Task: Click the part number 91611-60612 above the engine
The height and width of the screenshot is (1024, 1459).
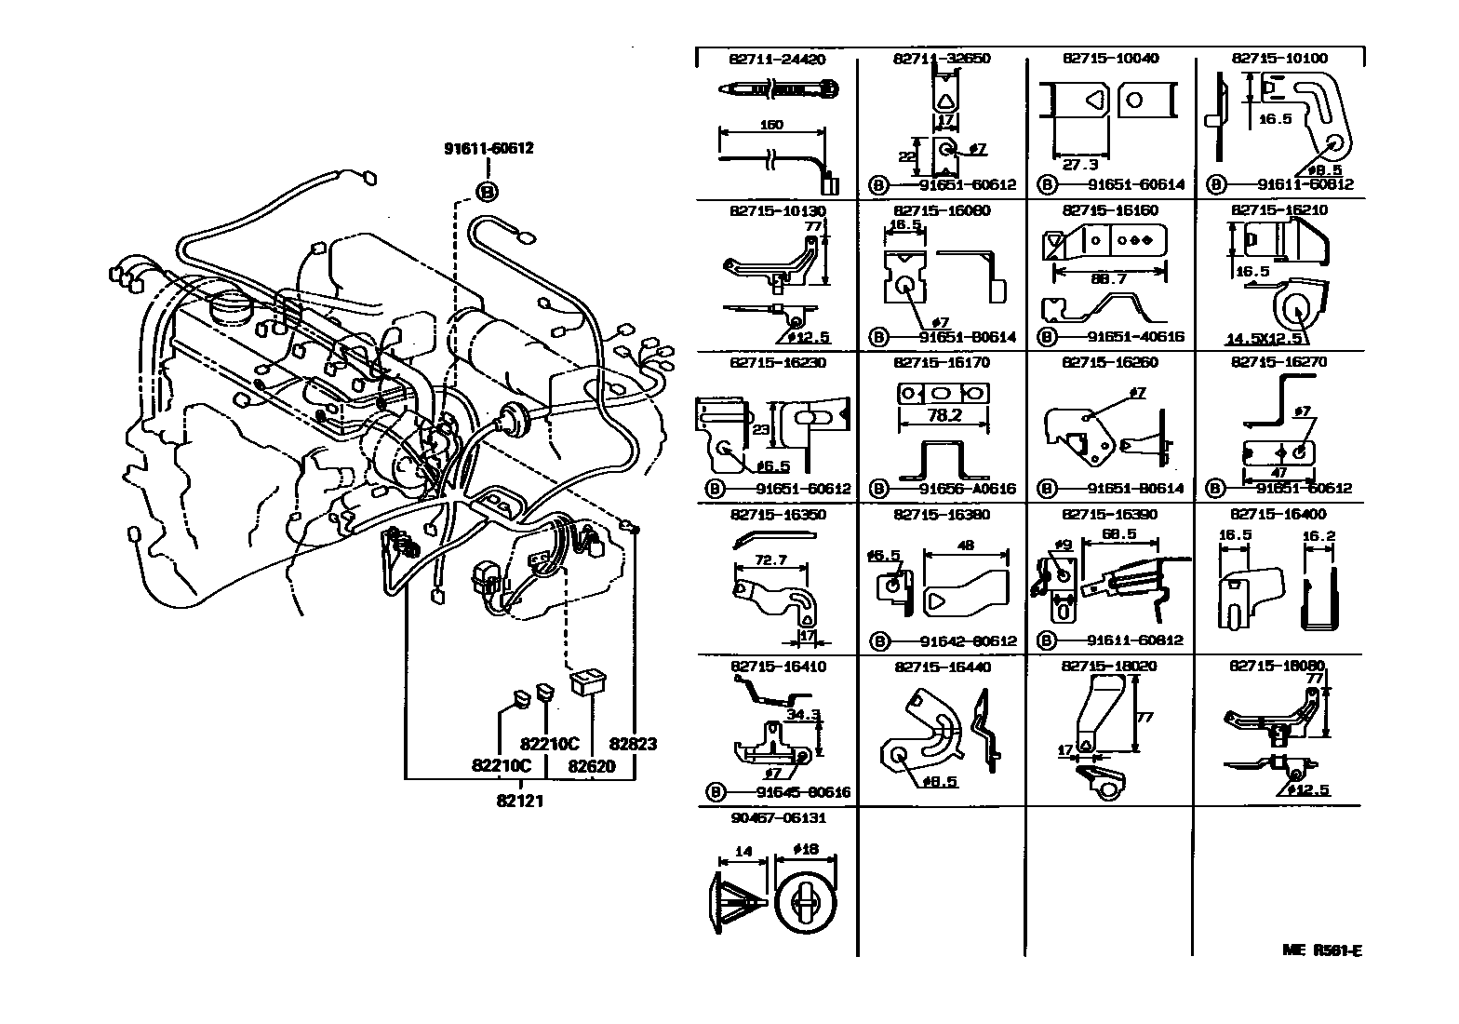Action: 489,148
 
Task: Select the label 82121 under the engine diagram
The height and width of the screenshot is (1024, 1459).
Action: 519,800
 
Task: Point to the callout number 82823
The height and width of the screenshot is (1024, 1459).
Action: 633,744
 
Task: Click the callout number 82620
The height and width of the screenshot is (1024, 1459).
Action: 592,766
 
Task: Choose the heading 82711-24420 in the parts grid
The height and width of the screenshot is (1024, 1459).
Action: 777,58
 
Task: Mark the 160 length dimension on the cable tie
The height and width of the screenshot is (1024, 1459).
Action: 771,125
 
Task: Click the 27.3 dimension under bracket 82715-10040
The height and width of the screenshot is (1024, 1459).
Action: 1079,164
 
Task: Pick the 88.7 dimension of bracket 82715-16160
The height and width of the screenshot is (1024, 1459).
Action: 1107,278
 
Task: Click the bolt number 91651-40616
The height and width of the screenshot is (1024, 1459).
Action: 1135,337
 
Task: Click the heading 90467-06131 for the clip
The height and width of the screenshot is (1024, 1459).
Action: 778,818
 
